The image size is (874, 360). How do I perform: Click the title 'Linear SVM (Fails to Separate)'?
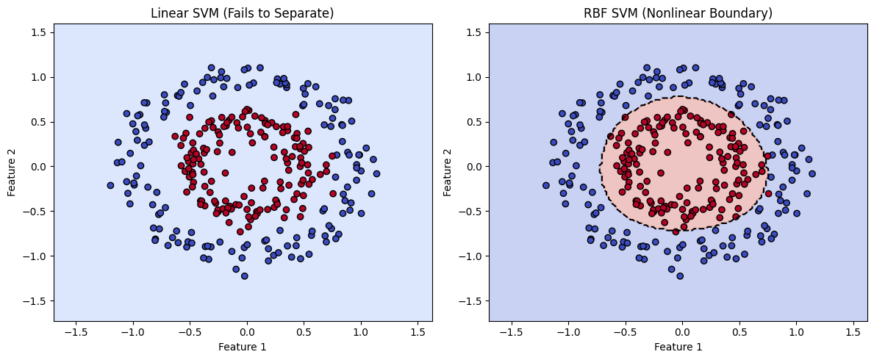pos(243,12)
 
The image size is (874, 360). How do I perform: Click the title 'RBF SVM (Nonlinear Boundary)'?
pos(678,12)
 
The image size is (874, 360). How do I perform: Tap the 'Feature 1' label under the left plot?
pos(243,345)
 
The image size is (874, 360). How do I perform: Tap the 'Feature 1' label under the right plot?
pos(678,345)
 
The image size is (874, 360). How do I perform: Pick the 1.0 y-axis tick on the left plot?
pos(38,77)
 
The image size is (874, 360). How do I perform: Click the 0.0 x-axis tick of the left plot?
pos(247,331)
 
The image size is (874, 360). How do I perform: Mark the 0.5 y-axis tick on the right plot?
pos(473,122)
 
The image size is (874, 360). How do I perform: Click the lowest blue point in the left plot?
pos(245,276)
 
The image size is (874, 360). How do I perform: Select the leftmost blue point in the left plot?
pos(110,185)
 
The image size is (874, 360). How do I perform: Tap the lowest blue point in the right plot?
pos(680,276)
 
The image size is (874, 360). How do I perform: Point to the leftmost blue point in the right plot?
pos(545,185)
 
